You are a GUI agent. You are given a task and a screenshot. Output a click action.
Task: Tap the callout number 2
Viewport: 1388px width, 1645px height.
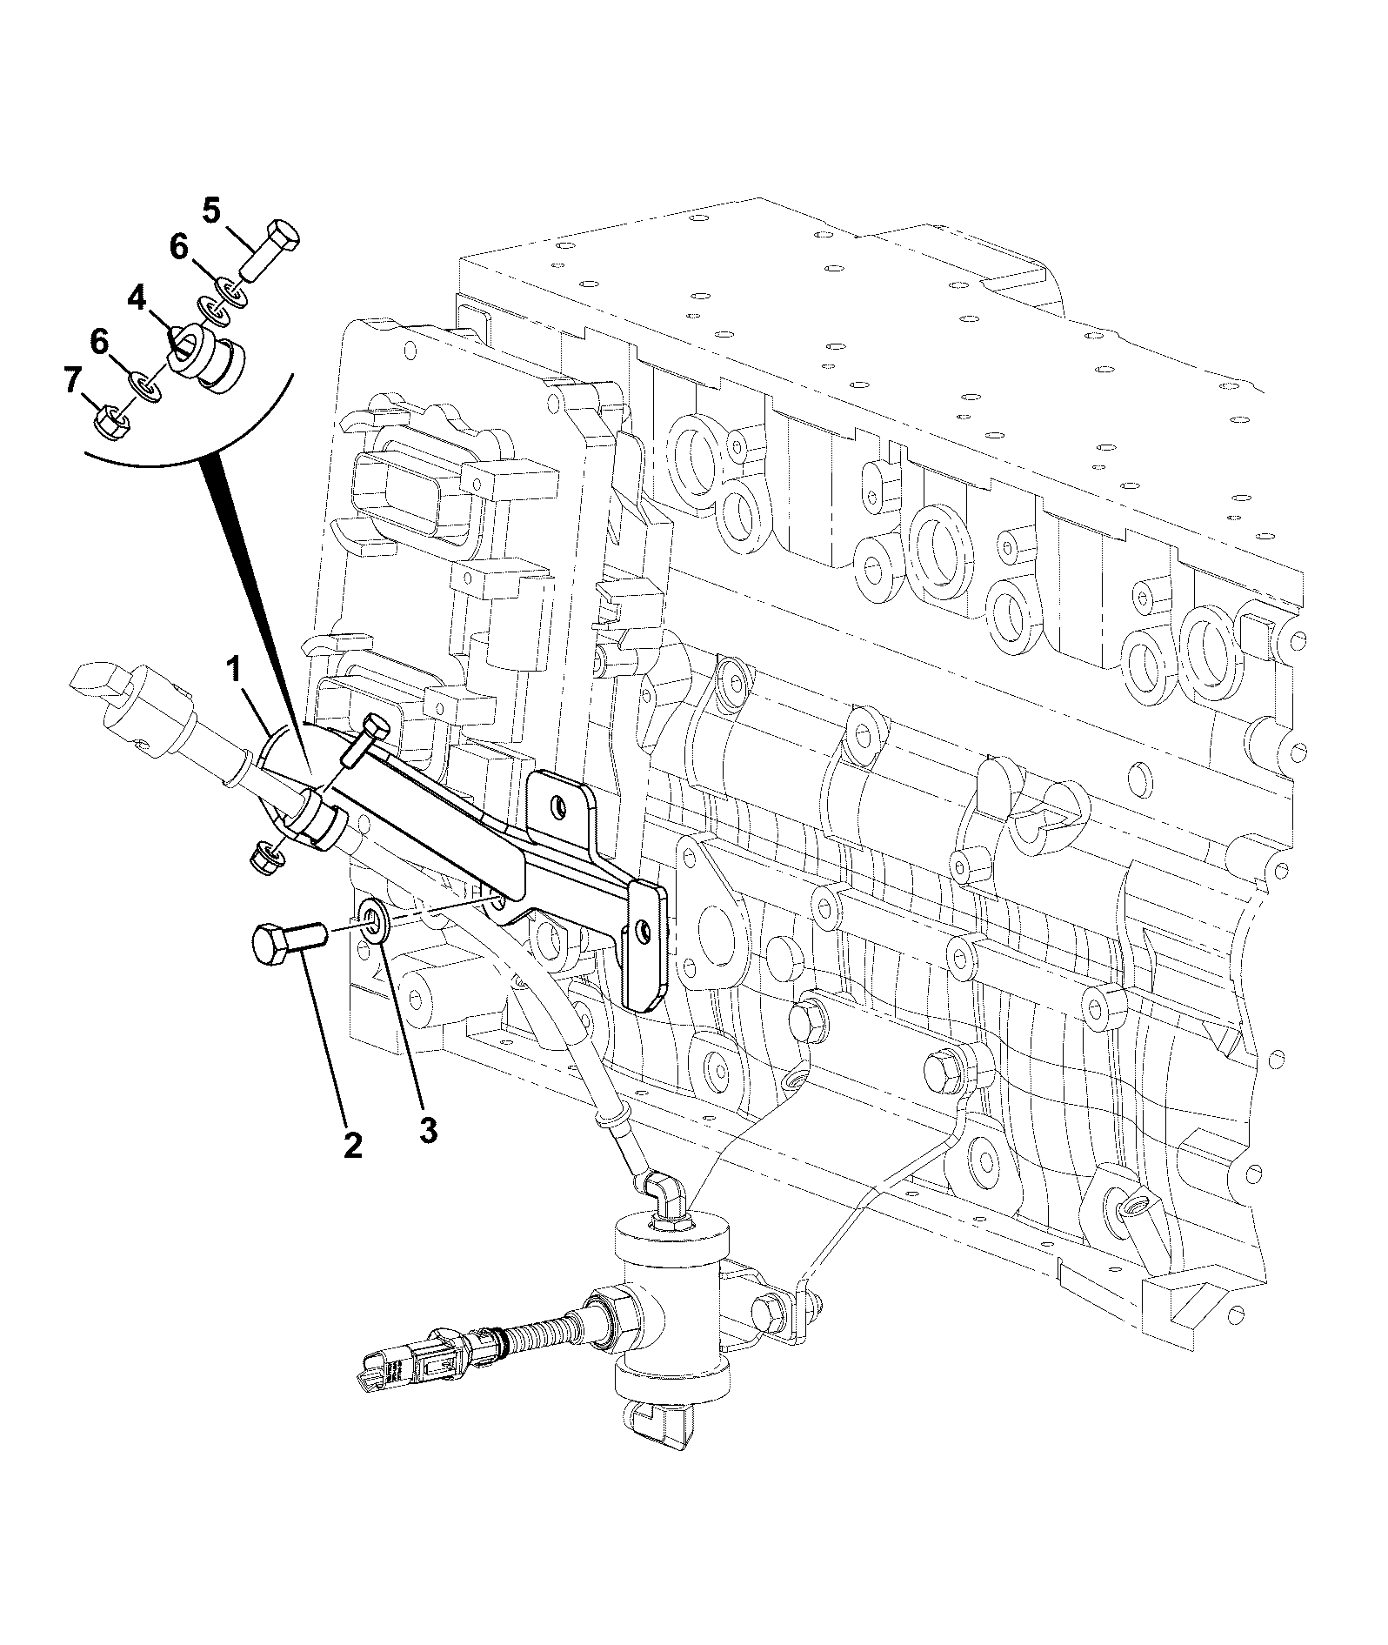[352, 1144]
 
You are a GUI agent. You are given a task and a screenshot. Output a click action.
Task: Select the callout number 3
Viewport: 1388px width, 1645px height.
[427, 1129]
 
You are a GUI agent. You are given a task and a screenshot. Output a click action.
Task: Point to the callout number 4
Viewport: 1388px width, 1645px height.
[137, 299]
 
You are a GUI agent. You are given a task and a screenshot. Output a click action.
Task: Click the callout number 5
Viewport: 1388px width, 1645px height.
[212, 211]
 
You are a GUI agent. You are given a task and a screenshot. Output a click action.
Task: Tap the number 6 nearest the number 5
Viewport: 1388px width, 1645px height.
[178, 248]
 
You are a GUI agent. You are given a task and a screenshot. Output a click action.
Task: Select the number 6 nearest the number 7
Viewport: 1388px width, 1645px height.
[100, 342]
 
